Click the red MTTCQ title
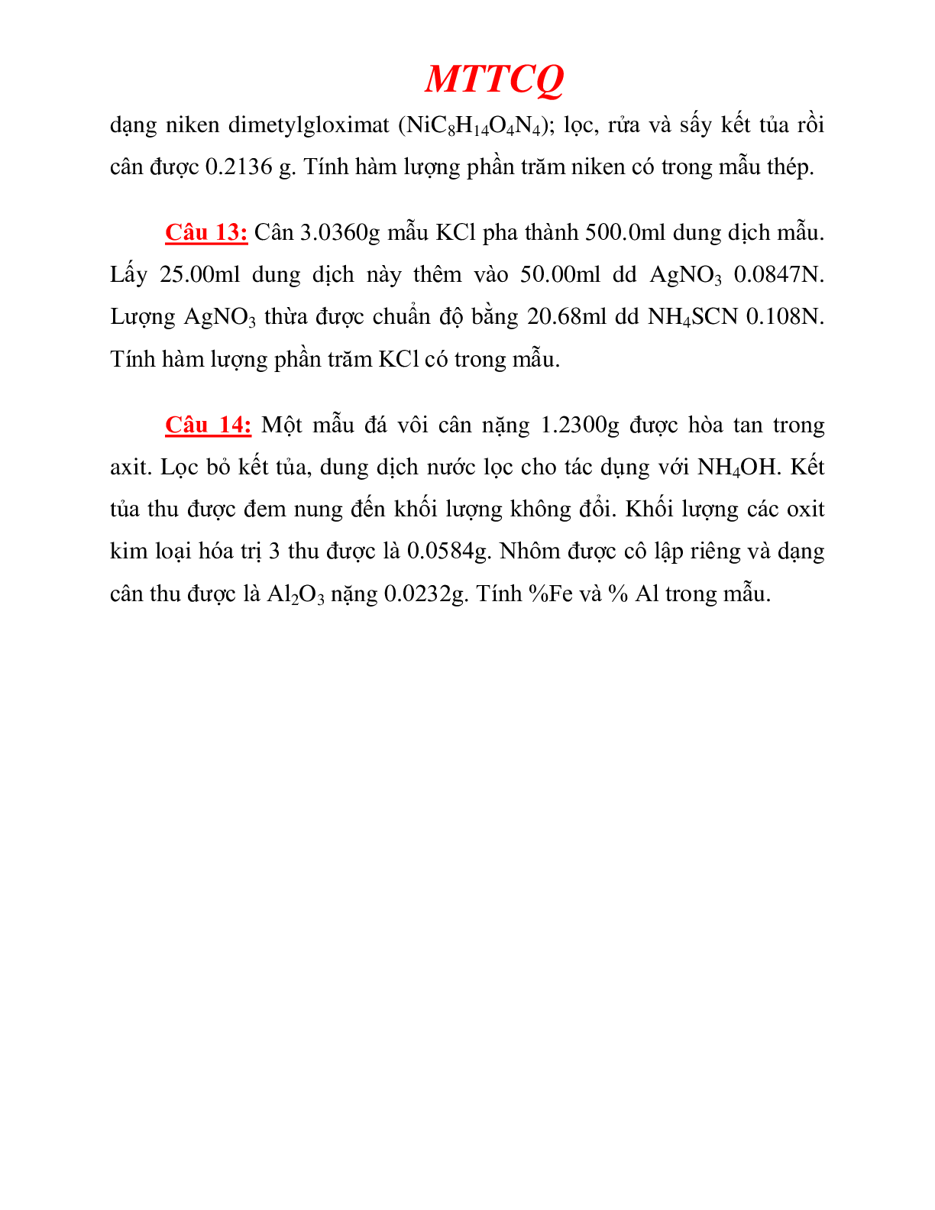coord(494,79)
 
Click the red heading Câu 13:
coord(206,232)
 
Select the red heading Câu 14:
coord(208,425)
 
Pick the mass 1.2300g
coord(580,425)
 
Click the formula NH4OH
coord(736,467)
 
